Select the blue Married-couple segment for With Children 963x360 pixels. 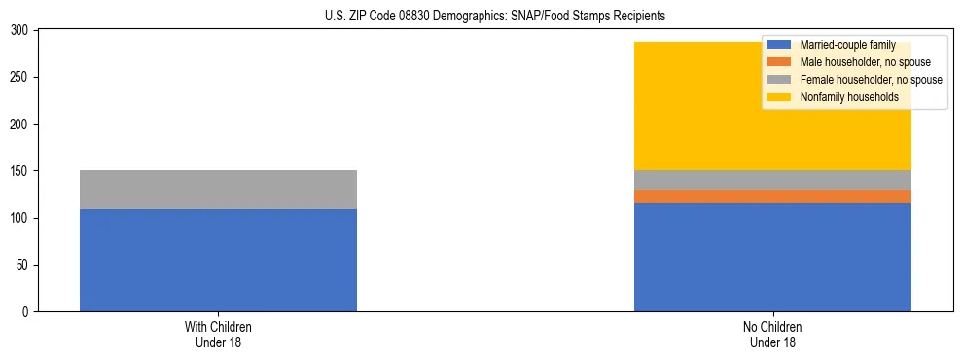[218, 260]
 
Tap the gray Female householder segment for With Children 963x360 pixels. [218, 190]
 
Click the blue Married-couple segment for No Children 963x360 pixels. [772, 257]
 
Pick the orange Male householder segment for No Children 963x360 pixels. [772, 197]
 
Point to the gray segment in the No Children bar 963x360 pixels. [772, 180]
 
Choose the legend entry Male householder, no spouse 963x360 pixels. [851, 62]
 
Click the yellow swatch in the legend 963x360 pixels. [779, 97]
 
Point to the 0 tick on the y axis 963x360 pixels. [28, 312]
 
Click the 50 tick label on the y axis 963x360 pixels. [25, 265]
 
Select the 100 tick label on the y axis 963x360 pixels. [22, 218]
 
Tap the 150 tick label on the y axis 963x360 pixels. [22, 171]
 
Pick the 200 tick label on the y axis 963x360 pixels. [22, 125]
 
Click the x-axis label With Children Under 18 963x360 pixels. [218, 334]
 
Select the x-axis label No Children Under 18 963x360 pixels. [772, 334]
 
